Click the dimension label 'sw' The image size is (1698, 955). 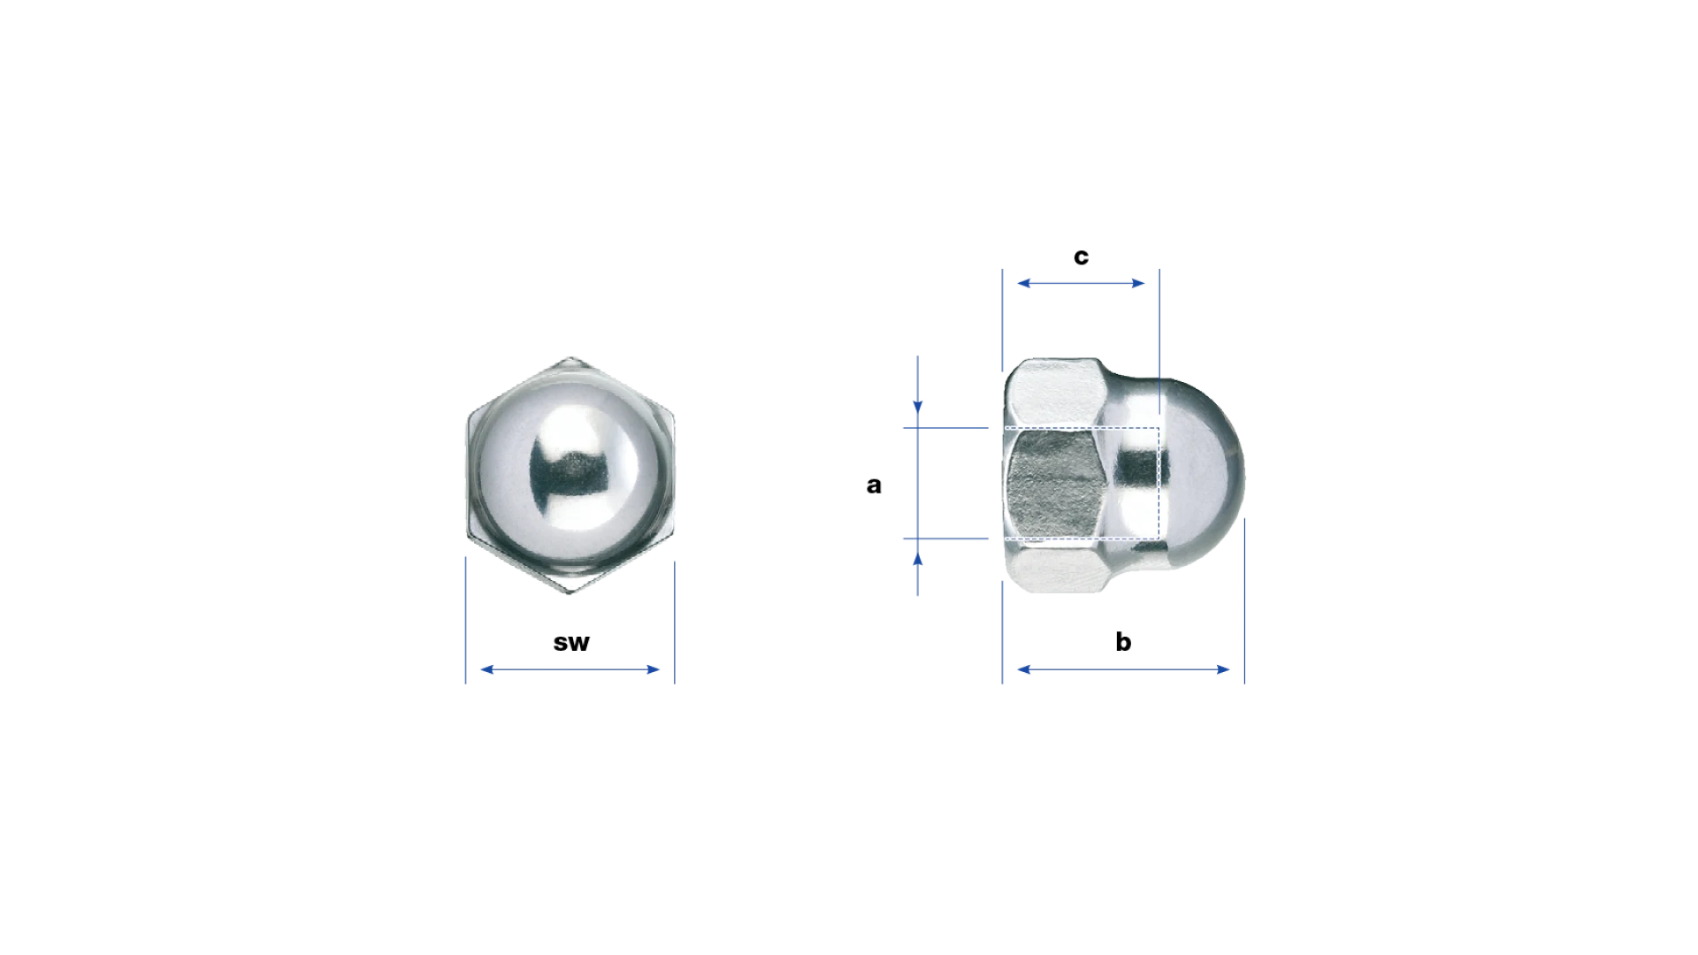pyautogui.click(x=570, y=643)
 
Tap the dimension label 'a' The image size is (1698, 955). pyautogui.click(x=874, y=485)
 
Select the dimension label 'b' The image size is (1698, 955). pyautogui.click(x=1123, y=641)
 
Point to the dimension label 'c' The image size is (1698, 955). pyautogui.click(x=1081, y=256)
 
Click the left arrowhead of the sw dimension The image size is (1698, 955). pyautogui.click(x=486, y=669)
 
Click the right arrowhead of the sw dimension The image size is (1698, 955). pyautogui.click(x=654, y=669)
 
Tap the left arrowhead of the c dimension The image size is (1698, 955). pyautogui.click(x=1024, y=283)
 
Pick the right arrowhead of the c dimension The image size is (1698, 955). pyautogui.click(x=1138, y=283)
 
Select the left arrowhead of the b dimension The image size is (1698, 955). pyautogui.click(x=1024, y=669)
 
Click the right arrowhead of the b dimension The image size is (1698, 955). pyautogui.click(x=1223, y=669)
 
